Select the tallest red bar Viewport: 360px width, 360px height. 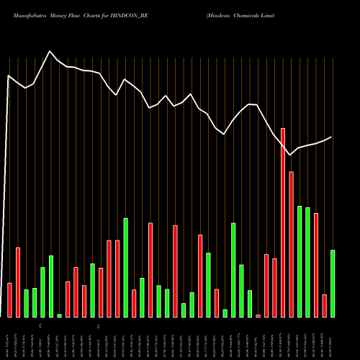click(283, 222)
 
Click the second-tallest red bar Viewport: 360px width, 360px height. click(292, 244)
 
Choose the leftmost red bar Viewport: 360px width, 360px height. click(9, 300)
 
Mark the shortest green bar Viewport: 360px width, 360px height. click(60, 315)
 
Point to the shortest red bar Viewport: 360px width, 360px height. click(258, 315)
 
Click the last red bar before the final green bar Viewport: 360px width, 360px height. click(325, 305)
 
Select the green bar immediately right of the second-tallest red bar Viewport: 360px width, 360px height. click(300, 261)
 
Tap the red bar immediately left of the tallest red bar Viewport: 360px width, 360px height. click(275, 287)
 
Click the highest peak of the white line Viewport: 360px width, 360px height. click(50, 51)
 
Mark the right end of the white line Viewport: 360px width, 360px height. click(332, 137)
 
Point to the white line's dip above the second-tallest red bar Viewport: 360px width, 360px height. click(291, 155)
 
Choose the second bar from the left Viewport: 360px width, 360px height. click(18, 282)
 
